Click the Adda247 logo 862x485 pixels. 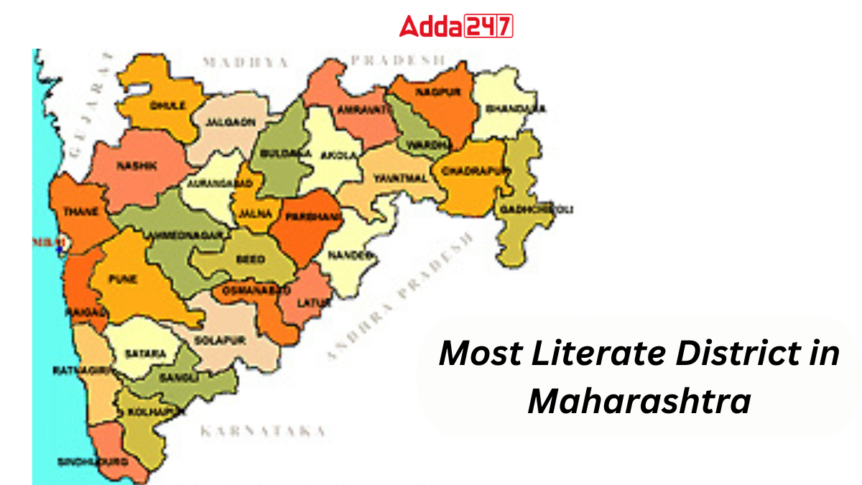(455, 26)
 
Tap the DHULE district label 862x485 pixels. (167, 105)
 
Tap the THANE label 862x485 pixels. (77, 211)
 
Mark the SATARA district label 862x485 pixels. (144, 354)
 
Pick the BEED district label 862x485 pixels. (251, 259)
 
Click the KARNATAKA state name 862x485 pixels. (261, 431)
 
